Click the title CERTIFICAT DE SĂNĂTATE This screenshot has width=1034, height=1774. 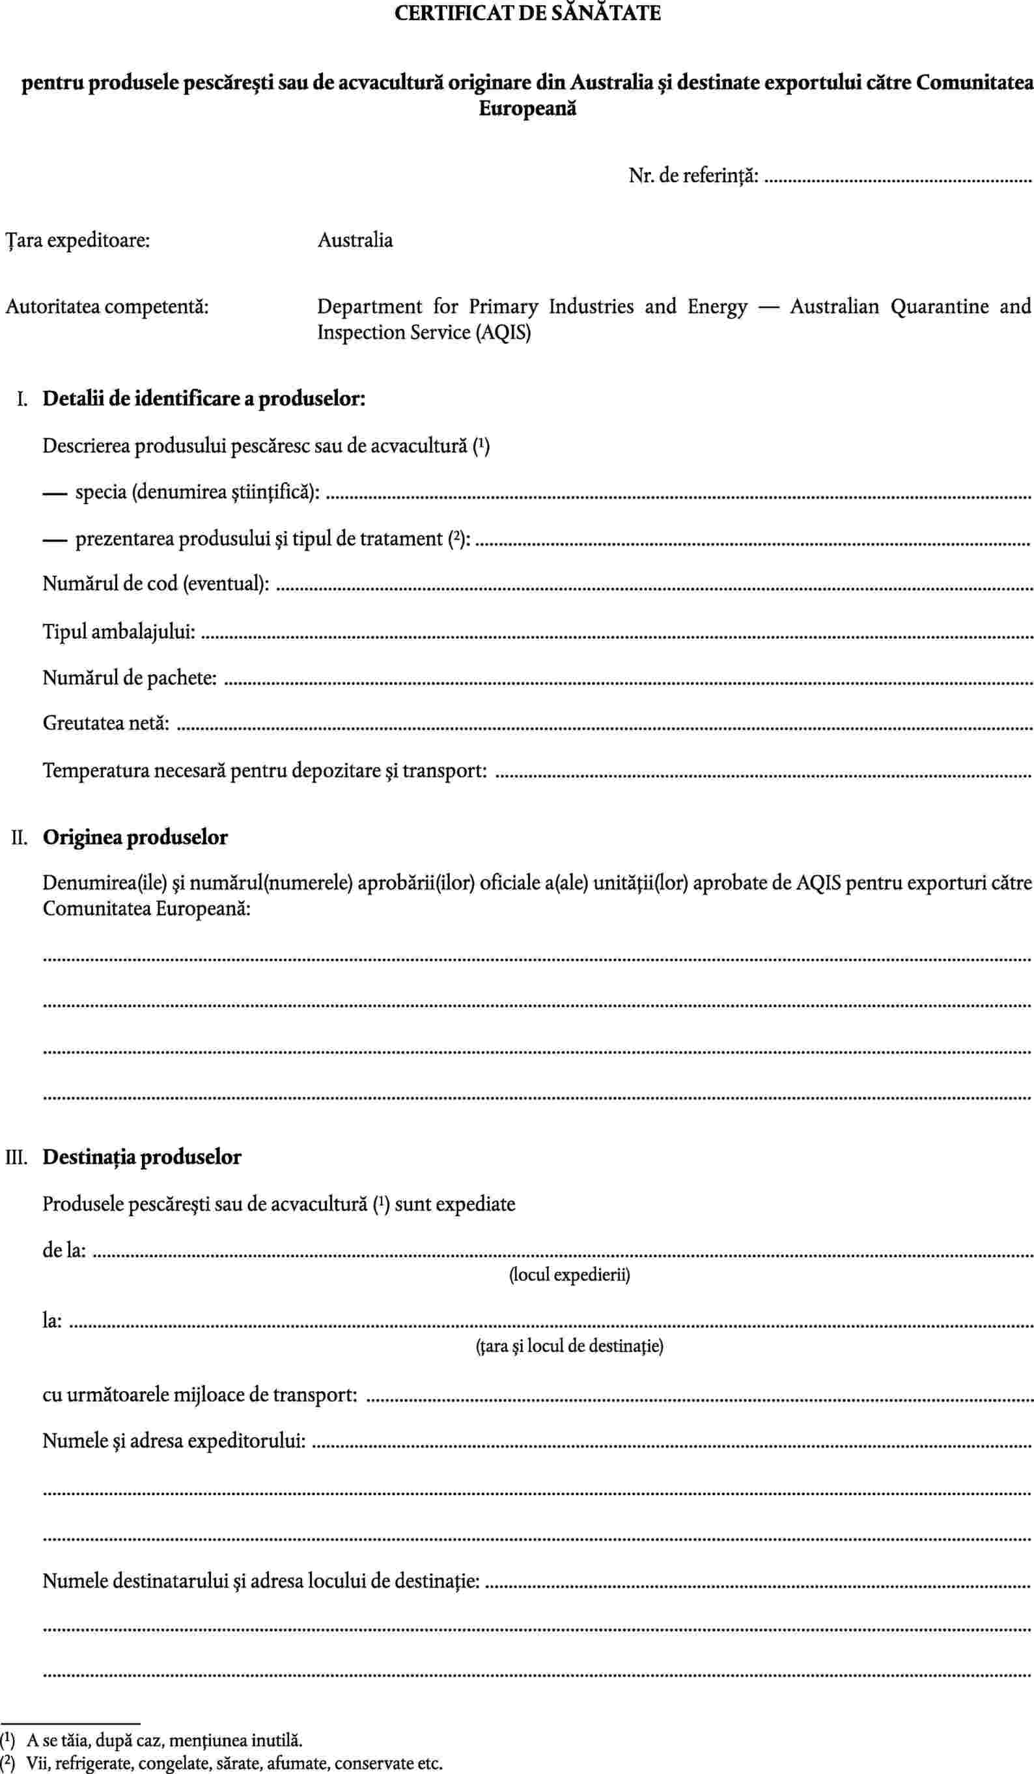pyautogui.click(x=527, y=14)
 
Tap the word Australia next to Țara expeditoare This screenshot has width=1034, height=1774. pyautogui.click(x=355, y=241)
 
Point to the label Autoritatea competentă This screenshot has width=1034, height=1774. pyautogui.click(x=107, y=307)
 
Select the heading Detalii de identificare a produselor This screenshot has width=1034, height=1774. pyautogui.click(x=204, y=399)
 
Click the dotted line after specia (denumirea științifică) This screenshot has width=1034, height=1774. pyautogui.click(x=679, y=496)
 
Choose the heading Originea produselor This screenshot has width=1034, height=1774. pyautogui.click(x=135, y=838)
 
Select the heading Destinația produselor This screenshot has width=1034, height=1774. pyautogui.click(x=142, y=1157)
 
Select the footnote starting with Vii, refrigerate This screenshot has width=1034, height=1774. pyautogui.click(x=234, y=1764)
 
